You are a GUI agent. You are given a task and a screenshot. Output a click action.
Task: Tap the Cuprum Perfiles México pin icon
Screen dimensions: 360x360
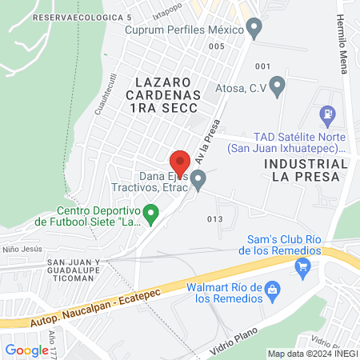pyautogui.click(x=254, y=30)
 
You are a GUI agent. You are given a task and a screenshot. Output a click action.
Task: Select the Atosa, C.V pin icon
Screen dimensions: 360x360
pyautogui.click(x=278, y=84)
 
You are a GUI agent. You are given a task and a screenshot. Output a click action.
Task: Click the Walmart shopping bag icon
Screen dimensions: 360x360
pyautogui.click(x=273, y=288)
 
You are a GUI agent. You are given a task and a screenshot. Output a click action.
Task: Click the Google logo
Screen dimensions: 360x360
pyautogui.click(x=26, y=350)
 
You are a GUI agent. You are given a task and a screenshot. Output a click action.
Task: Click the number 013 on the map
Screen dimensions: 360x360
pyautogui.click(x=214, y=218)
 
